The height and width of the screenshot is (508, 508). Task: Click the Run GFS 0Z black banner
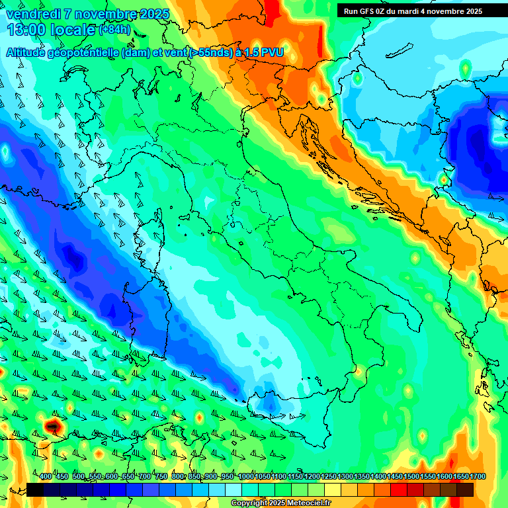(x=413, y=11)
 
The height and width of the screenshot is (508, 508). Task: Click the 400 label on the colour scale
(x=46, y=477)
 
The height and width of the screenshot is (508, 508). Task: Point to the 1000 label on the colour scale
(x=246, y=477)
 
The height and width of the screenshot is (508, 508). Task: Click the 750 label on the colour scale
(x=161, y=477)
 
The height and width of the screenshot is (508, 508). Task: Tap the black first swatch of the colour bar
(x=35, y=489)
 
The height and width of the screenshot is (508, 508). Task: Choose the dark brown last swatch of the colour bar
(x=465, y=489)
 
